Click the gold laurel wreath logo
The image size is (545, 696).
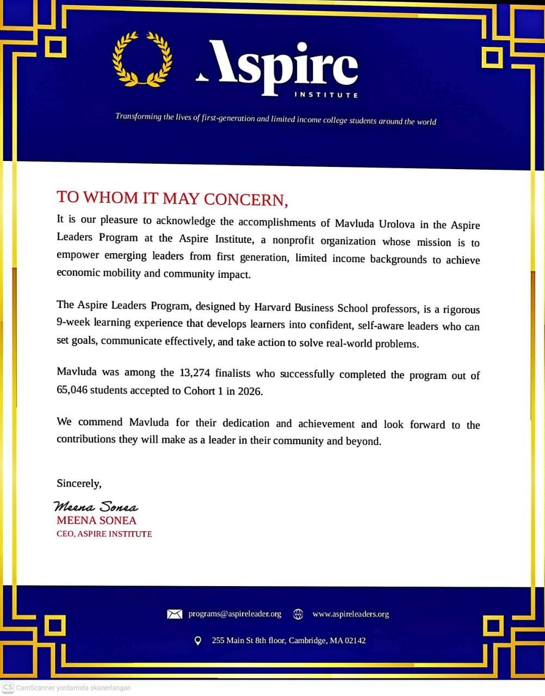pos(142,59)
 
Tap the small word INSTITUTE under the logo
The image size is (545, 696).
pos(326,95)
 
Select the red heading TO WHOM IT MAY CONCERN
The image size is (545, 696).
pos(172,198)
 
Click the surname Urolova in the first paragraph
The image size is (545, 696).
pos(388,224)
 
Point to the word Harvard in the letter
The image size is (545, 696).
pos(275,307)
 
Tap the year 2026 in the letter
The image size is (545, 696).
pos(250,391)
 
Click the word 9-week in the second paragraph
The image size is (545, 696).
pos(73,322)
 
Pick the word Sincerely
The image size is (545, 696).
pos(79,483)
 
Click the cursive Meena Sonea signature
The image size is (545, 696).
pos(96,507)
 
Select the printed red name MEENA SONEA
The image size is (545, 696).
pos(96,520)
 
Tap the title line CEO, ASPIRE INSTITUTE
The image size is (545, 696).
pos(104,534)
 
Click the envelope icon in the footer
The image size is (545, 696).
pos(174,614)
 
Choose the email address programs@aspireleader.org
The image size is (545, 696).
pos(235,614)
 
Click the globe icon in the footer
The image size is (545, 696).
pos(298,614)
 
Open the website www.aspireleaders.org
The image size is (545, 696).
pos(350,614)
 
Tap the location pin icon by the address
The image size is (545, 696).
pos(198,641)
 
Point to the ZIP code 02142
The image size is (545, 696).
pos(354,641)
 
